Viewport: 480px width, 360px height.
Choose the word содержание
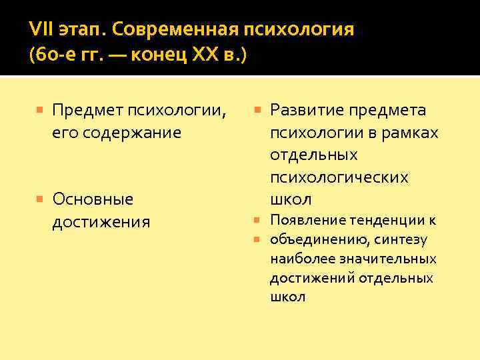[133, 132]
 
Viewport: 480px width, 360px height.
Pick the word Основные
[93, 199]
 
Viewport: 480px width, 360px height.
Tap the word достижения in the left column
[101, 221]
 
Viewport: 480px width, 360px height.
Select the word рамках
[409, 132]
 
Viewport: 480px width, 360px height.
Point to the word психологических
[339, 177]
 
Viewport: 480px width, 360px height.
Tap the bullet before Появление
[258, 220]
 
